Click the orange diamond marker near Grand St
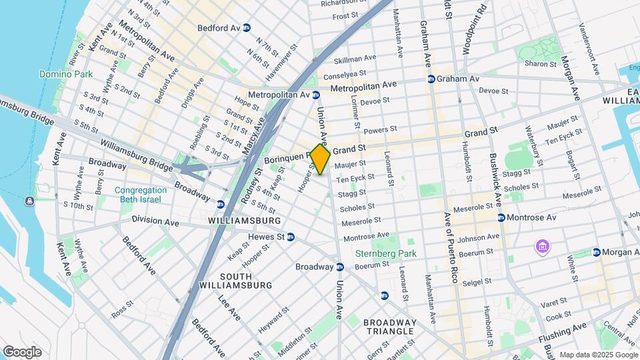click(x=320, y=159)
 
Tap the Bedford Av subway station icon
click(x=247, y=28)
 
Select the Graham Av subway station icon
click(x=431, y=79)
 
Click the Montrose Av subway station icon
click(x=501, y=218)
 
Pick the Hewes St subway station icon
click(x=291, y=237)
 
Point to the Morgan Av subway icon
click(x=597, y=252)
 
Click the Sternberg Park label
click(x=385, y=253)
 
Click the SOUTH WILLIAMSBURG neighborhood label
click(x=236, y=281)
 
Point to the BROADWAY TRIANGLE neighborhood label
click(x=390, y=327)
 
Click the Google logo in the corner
click(x=21, y=352)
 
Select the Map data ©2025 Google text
click(x=598, y=355)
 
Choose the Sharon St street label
click(x=540, y=64)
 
